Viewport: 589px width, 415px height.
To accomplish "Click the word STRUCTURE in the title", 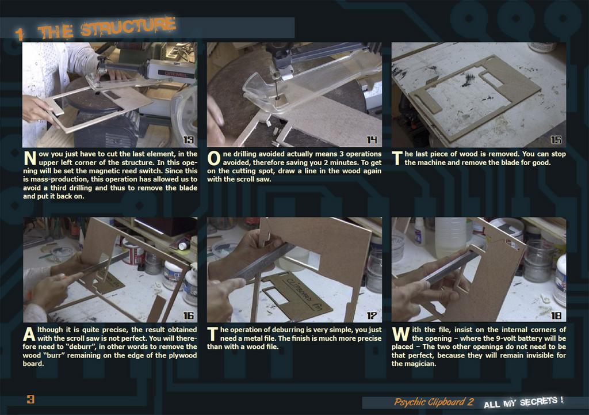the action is tap(128, 26).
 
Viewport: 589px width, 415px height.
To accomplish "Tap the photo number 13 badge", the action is tap(189, 140).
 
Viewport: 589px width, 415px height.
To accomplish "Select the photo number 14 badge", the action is tap(372, 140).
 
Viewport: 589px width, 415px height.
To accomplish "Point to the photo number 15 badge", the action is tap(556, 140).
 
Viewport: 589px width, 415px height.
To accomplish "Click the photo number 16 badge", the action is tap(189, 315).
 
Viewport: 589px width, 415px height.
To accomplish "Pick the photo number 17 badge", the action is tap(372, 315).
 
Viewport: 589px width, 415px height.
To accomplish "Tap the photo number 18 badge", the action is tap(556, 315).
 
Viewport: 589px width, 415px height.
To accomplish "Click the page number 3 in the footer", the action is tap(30, 399).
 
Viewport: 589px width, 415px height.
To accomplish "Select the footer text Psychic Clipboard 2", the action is tap(434, 402).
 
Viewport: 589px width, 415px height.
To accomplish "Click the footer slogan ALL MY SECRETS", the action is tap(523, 402).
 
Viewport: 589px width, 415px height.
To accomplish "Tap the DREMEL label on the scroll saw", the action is tap(176, 74).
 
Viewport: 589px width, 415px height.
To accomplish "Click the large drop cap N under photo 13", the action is tap(30, 158).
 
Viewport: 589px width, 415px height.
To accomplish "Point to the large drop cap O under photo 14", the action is tap(214, 158).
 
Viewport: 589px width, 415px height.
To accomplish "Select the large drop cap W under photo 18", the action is tap(401, 334).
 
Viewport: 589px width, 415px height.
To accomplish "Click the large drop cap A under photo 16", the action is tap(29, 334).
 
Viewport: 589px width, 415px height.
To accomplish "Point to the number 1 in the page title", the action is tap(20, 34).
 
